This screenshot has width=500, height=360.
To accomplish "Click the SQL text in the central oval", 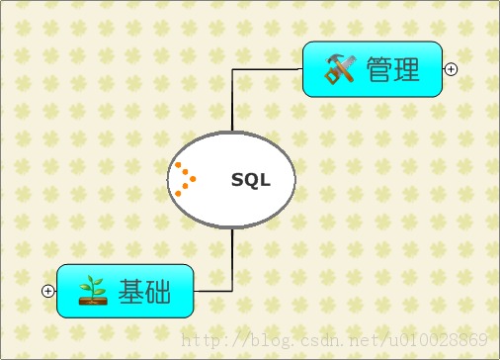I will pos(250,180).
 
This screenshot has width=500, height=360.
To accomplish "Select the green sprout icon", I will pos(93,291).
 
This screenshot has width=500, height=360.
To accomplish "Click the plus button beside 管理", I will pos(451,69).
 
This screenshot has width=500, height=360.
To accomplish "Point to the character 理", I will pos(407,69).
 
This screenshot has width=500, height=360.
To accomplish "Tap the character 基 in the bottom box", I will pos(131,292).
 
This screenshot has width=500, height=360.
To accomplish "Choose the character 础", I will pos(158,292).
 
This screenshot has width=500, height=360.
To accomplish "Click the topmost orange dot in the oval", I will pos(178,164).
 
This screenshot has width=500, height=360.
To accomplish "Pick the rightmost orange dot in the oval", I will pos(193,179).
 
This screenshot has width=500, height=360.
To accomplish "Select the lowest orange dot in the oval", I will pos(178,193).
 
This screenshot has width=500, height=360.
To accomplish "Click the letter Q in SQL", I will pos(250,180).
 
